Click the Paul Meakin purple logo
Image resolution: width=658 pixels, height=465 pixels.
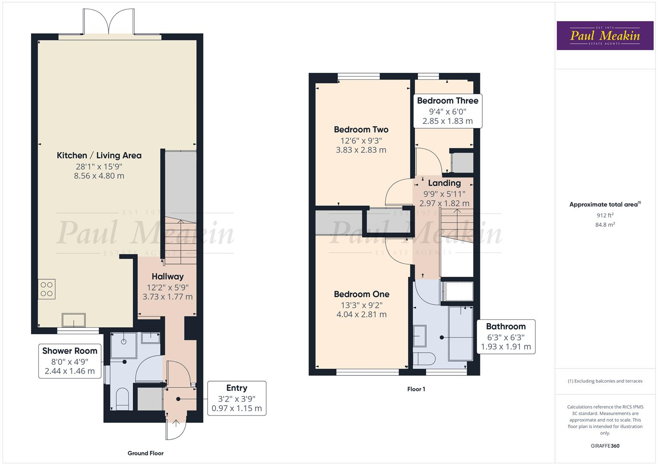point(605,36)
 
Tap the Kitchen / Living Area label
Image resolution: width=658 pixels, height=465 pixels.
point(99,155)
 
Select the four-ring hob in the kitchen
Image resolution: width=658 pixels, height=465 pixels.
point(47,289)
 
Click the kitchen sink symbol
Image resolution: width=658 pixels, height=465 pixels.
point(74,320)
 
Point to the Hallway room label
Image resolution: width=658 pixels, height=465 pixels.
point(168,276)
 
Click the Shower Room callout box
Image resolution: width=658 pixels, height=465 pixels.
point(70,361)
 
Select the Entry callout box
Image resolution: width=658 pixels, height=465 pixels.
point(237,398)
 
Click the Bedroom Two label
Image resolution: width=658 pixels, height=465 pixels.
point(361,130)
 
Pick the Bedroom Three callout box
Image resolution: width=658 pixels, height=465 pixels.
point(447,111)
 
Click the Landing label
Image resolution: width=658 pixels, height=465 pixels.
point(444,183)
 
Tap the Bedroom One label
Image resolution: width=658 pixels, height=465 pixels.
point(362,294)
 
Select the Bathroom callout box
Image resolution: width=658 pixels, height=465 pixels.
point(506,336)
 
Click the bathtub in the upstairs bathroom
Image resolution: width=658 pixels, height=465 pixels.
point(461,333)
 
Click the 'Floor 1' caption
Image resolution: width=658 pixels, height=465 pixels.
point(416,389)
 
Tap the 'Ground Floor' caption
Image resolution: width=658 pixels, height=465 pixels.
point(146,453)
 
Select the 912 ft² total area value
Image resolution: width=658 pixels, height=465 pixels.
point(605,215)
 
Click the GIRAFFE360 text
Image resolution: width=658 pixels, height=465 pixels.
point(605,446)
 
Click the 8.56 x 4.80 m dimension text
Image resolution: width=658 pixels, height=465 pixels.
point(99,176)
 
